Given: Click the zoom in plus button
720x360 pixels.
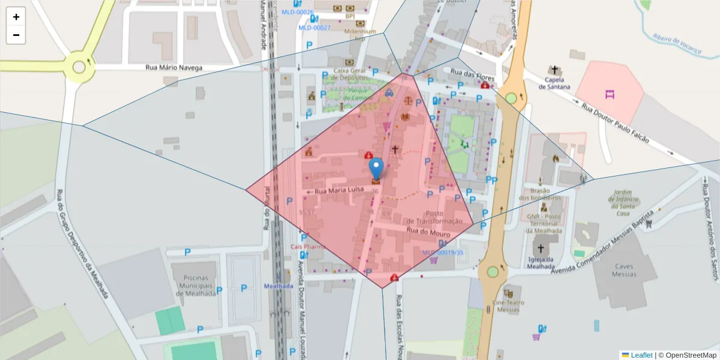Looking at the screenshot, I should (16, 17).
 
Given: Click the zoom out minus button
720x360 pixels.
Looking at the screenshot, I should (16, 35).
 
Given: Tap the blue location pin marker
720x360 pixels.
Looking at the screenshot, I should (376, 167).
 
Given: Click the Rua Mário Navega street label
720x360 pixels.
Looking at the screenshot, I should (174, 68).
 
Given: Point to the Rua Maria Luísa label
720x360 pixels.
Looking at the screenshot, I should (339, 190).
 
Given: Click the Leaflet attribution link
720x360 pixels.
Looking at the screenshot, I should (641, 355).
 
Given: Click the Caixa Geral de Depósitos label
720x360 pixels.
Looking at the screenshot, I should (353, 74).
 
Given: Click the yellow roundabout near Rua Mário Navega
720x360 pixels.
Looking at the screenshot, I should (79, 67).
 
